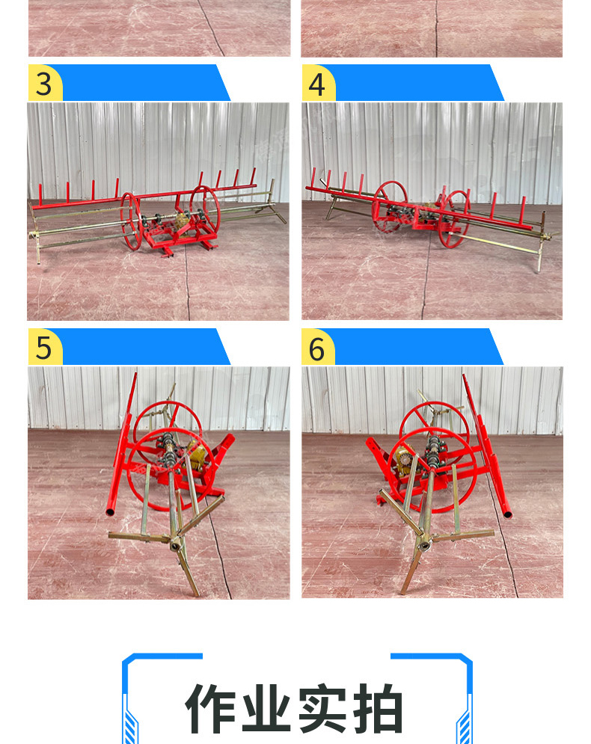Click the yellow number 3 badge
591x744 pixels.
45,82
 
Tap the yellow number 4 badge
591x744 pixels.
319,82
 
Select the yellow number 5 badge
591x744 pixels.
45,347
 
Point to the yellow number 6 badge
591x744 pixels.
318,347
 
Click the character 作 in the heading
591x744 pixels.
210,708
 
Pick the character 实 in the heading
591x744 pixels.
322,708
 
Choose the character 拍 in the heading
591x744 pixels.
378,708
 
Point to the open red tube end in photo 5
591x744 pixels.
110,512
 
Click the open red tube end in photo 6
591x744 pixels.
507,514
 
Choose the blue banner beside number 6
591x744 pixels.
417,347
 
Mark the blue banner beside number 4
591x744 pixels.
418,82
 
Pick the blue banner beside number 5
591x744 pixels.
145,347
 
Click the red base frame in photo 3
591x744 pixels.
180,239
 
